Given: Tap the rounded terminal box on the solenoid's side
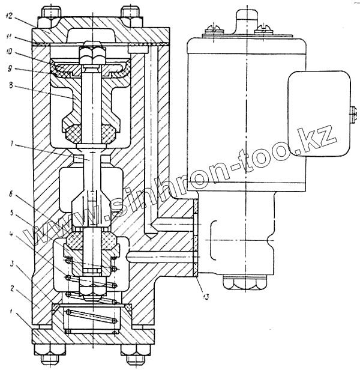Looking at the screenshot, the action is click(x=319, y=112).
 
